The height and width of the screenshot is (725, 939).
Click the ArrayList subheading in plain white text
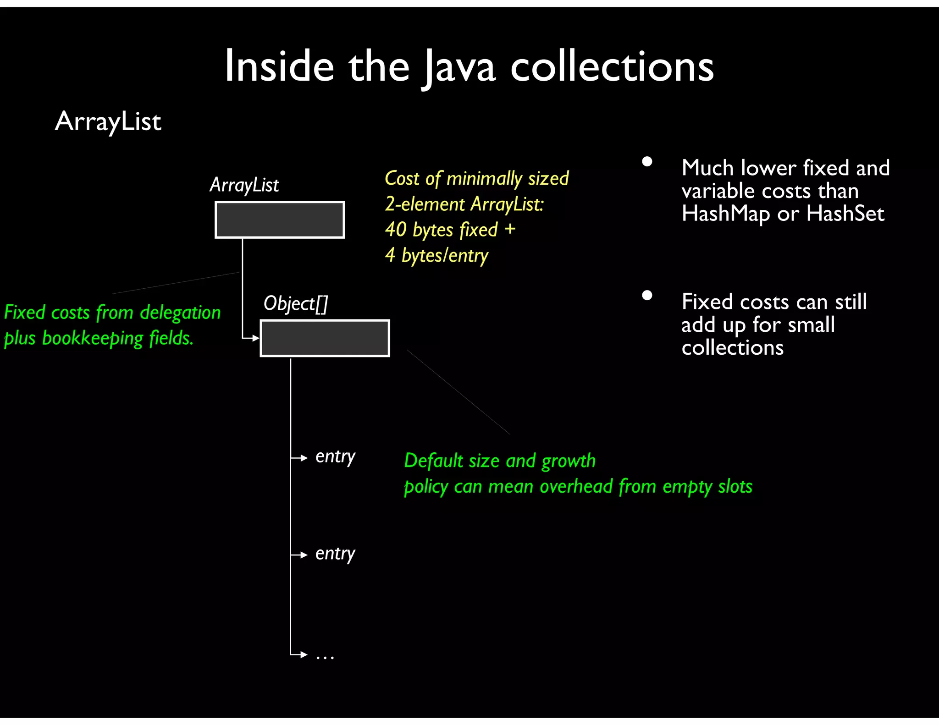[108, 122]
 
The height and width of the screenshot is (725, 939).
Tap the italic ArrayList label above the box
[244, 185]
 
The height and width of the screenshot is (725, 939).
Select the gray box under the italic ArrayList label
[280, 220]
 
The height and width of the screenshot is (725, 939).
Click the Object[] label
[296, 303]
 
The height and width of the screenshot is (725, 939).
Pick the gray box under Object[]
[325, 338]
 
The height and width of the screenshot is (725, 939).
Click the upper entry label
[335, 456]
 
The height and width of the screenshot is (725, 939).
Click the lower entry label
[335, 554]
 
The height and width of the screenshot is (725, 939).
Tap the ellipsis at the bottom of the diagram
[325, 657]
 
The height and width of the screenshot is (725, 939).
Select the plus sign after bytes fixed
[510, 229]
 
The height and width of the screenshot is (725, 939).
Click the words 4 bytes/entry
[436, 255]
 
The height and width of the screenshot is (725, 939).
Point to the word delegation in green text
[180, 313]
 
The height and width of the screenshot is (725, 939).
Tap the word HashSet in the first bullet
[845, 214]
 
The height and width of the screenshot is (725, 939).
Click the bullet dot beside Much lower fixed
[647, 162]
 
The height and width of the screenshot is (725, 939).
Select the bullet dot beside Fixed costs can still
[647, 296]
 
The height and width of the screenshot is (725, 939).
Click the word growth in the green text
[569, 461]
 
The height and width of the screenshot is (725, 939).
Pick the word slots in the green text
[735, 487]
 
